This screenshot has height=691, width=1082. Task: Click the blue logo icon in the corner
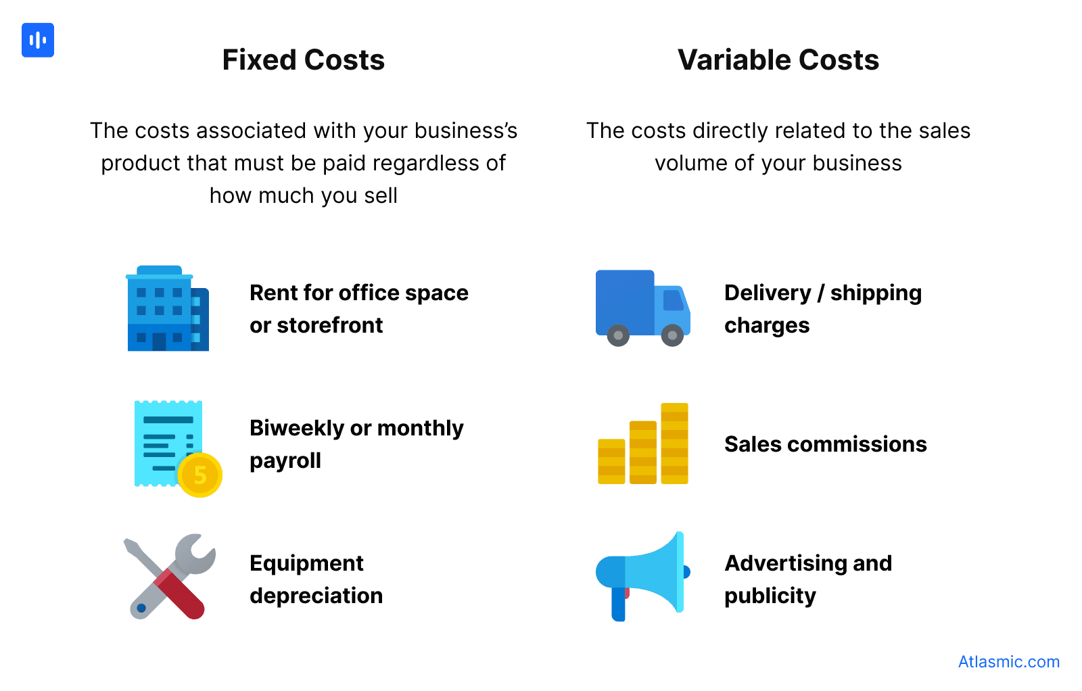(x=38, y=41)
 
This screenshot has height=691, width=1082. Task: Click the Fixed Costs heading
(x=304, y=60)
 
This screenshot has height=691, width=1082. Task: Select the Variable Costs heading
(x=778, y=60)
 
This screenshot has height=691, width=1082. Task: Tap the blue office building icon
(x=167, y=309)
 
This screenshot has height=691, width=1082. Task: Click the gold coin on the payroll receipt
(x=200, y=475)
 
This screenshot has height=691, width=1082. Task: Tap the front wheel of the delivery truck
(x=672, y=335)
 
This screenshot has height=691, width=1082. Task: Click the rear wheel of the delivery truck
(x=618, y=335)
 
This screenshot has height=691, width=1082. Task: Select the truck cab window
(x=674, y=300)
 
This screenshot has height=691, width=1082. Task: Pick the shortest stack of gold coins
(x=611, y=461)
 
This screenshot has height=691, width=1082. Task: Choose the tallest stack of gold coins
(x=674, y=444)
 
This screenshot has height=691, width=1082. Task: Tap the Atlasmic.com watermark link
(x=1008, y=662)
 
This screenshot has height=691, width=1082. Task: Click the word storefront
(x=330, y=325)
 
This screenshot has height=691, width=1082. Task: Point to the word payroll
(x=285, y=461)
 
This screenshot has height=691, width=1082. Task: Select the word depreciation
(x=316, y=596)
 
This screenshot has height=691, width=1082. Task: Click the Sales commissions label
(x=825, y=444)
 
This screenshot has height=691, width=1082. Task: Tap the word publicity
(x=770, y=596)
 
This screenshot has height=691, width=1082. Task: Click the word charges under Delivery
(x=767, y=325)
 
